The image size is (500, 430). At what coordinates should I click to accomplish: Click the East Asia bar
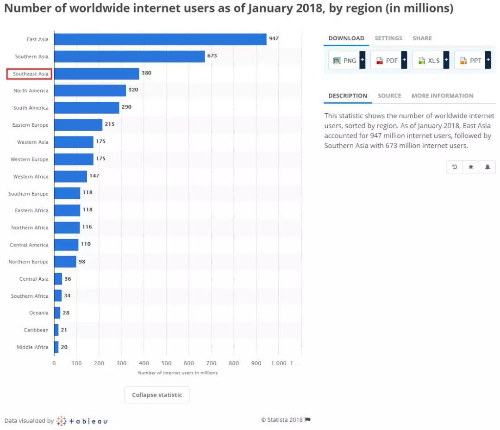pos(160,39)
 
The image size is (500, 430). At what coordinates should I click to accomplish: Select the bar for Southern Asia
pos(129,56)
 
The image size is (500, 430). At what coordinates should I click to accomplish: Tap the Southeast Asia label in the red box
pos(29,74)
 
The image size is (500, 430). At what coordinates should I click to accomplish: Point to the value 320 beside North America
pos(133,90)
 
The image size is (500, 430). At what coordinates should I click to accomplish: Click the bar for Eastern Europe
pos(78,125)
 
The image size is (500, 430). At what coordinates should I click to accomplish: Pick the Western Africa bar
pos(70,176)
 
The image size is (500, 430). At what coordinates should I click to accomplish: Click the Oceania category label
pos(39,313)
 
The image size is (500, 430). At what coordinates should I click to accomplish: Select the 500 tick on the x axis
pos(166,363)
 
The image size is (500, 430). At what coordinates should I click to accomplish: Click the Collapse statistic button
pos(157,395)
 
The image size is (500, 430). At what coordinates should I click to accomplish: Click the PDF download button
pos(386,61)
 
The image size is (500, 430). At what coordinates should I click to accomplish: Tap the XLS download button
pos(428,61)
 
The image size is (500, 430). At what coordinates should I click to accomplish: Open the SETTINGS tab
pos(388,38)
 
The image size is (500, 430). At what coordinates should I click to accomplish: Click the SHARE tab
pos(422,38)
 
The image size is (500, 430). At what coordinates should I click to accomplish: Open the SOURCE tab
pos(389,96)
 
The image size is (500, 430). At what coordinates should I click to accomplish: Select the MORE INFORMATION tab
pos(442,96)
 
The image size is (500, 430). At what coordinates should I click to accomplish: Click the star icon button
pos(471,167)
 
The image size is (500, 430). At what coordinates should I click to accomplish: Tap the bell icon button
pos(487,167)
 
